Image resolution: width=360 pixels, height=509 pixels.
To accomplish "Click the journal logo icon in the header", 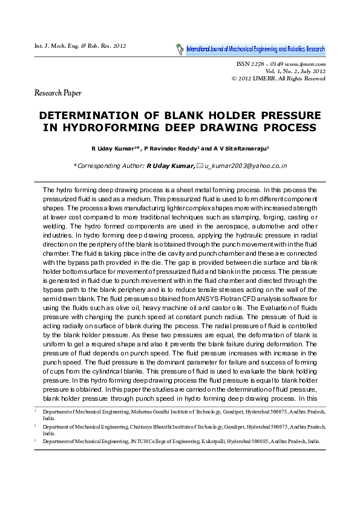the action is (x=180, y=47).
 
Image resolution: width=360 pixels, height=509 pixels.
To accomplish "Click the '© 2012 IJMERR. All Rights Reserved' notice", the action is (x=279, y=79).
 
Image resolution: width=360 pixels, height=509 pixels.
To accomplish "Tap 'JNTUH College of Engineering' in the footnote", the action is (x=165, y=441).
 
